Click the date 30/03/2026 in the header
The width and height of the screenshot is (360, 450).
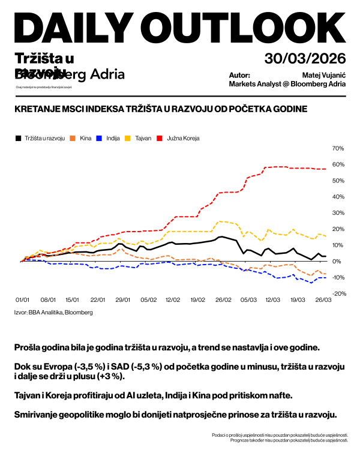[x=305, y=58]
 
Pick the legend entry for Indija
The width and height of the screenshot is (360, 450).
[x=113, y=138]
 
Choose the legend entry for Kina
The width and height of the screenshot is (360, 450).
[x=85, y=138]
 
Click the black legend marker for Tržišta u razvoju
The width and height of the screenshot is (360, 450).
[x=18, y=138]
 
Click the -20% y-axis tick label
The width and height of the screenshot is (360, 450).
[x=337, y=294]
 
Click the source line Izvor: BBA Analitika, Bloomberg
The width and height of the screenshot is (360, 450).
[x=53, y=312]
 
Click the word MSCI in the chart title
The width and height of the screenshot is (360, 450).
[x=73, y=109]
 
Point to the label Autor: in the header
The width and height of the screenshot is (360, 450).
[x=239, y=76]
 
